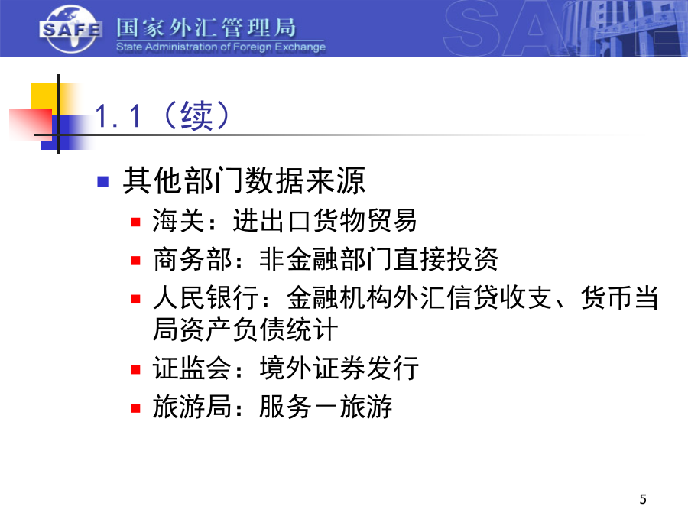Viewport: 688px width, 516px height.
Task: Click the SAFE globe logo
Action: point(70,29)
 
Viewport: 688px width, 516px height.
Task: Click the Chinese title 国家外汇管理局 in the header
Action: point(206,28)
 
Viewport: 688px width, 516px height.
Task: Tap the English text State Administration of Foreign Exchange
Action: point(221,47)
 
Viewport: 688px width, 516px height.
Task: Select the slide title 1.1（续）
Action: point(162,115)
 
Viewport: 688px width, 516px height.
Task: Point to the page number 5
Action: point(643,499)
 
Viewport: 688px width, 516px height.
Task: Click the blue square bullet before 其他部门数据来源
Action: point(102,181)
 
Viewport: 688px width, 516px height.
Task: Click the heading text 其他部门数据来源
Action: point(244,180)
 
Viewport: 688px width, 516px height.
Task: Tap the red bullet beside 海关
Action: point(135,222)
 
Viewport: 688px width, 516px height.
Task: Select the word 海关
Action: point(178,220)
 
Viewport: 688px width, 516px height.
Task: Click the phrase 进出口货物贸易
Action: point(325,220)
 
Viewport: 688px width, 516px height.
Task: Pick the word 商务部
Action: point(192,259)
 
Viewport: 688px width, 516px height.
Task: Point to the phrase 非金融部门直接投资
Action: point(379,259)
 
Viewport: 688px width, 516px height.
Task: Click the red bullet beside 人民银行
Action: point(135,299)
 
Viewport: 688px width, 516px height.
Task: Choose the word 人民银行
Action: point(206,297)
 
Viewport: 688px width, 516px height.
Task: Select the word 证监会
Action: point(192,368)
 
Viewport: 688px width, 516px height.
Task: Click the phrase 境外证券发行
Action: point(339,368)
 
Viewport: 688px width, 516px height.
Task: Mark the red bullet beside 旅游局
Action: point(135,408)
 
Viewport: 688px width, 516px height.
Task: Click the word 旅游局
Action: point(192,407)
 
